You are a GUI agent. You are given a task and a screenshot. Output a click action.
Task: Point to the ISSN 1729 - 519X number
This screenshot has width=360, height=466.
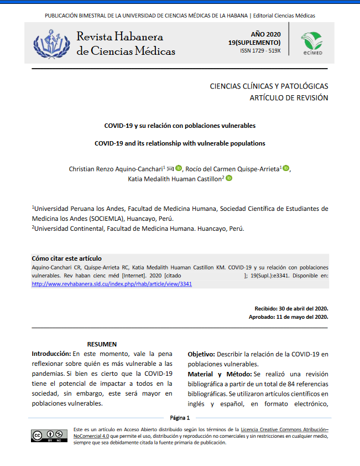tap(260, 51)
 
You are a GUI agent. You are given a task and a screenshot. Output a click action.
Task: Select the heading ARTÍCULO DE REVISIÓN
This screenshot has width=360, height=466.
tap(289, 98)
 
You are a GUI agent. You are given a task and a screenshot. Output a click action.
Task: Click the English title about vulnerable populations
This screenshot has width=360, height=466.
tap(180, 143)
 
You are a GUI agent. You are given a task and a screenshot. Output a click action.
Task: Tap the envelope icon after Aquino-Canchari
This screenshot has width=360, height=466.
tap(170, 168)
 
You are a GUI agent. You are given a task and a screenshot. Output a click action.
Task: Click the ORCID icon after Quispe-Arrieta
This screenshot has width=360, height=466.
tap(286, 168)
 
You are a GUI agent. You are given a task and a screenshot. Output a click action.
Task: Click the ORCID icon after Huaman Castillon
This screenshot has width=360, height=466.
tap(229, 178)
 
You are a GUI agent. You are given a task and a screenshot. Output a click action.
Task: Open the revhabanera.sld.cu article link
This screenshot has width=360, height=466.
tap(112, 283)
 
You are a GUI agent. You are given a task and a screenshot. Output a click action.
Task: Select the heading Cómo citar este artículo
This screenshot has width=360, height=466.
tap(66, 258)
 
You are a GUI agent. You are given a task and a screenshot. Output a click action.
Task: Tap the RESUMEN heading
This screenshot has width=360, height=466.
tap(102, 344)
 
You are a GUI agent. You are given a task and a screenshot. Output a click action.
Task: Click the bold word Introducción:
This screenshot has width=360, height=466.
tap(51, 354)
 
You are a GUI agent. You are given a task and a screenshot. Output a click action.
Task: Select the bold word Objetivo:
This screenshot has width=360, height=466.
tap(201, 354)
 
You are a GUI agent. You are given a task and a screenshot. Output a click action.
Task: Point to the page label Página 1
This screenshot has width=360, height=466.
tap(180, 418)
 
